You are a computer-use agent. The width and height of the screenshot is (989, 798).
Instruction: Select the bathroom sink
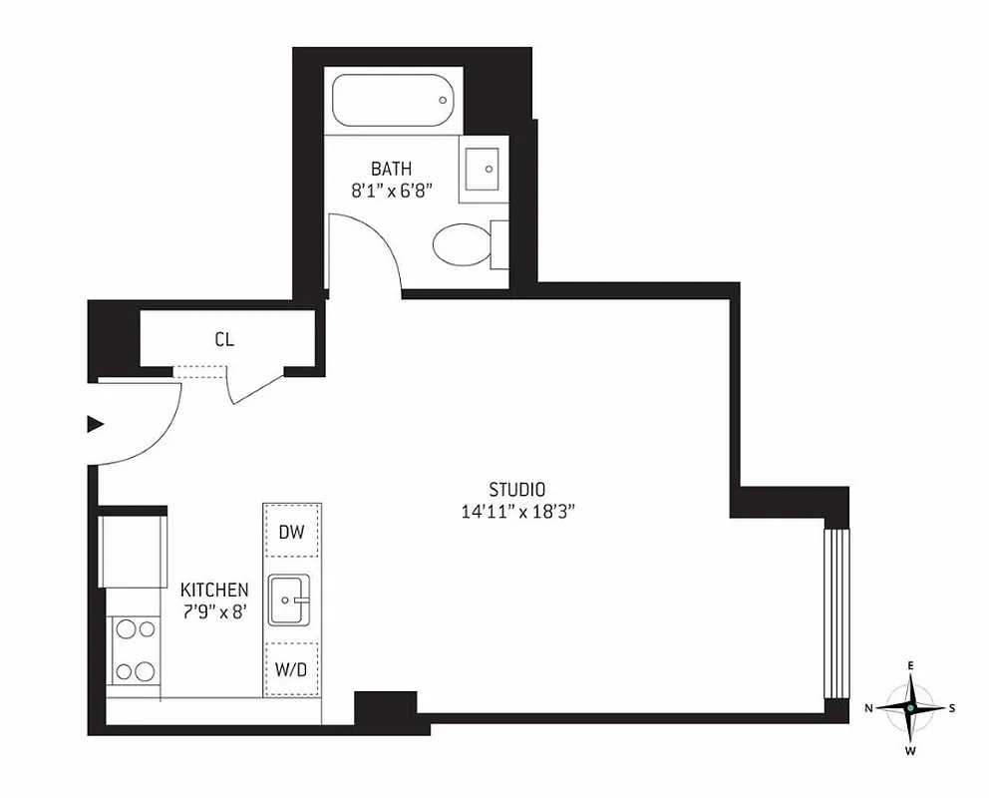484,169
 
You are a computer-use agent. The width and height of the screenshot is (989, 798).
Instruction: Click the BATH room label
391,169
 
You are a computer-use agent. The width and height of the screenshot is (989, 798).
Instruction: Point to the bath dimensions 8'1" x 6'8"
391,191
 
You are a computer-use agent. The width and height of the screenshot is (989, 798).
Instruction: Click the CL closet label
224,340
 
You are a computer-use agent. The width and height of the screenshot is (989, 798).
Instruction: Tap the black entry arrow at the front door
96,424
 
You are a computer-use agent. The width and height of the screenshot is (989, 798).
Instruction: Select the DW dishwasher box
291,533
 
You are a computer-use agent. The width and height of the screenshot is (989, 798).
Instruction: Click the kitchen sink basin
290,600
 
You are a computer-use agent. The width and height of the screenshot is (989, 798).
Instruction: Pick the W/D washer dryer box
291,669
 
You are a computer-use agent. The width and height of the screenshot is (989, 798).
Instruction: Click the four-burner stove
136,648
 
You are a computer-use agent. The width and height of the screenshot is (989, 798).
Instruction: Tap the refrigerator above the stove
133,552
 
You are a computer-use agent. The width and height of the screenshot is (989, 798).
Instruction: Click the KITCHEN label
214,591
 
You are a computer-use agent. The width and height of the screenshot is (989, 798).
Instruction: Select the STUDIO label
516,490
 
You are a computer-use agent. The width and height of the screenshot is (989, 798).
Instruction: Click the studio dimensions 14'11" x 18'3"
516,512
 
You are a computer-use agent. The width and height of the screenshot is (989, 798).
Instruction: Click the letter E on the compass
910,665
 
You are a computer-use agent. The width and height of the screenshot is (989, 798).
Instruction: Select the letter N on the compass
868,708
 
